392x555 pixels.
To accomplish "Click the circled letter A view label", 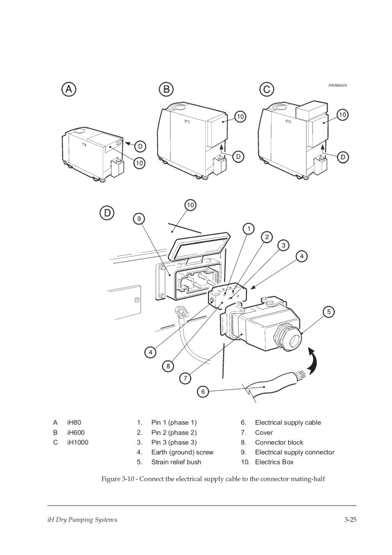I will point(68,90).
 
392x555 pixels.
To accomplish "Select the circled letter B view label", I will point(166,89).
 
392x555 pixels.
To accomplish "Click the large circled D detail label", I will point(107,213).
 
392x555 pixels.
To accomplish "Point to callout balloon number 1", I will point(249,228).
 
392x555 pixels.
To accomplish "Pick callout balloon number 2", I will point(266,237).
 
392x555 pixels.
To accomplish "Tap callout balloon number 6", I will point(202,391).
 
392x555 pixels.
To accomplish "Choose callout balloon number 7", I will point(186,378).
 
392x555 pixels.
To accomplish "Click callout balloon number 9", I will point(140,218).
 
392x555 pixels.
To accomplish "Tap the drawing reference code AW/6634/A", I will point(338,85).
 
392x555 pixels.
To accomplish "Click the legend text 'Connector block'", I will point(279,442).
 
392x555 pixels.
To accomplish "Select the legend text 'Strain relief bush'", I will point(176,462).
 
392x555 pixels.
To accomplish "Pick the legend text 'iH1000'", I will point(77,442).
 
